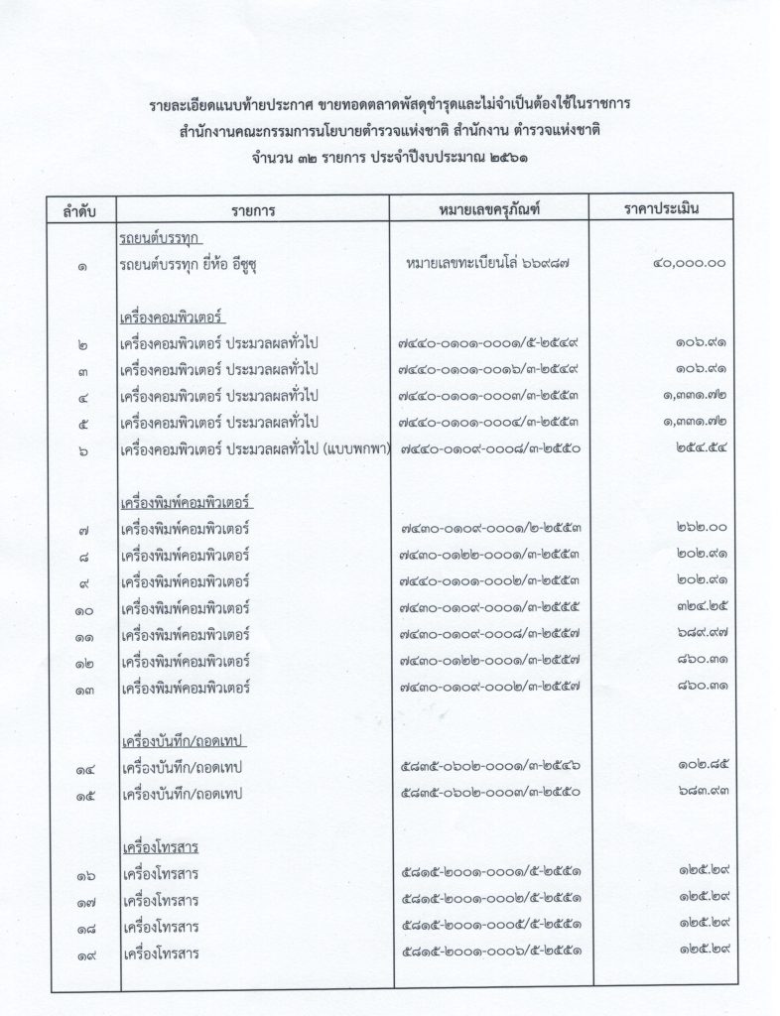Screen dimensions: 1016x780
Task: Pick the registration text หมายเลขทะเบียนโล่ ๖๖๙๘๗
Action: pos(486,265)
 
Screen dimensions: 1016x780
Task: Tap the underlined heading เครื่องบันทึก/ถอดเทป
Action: pos(184,741)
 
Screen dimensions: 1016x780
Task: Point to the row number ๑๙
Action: pos(83,955)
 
